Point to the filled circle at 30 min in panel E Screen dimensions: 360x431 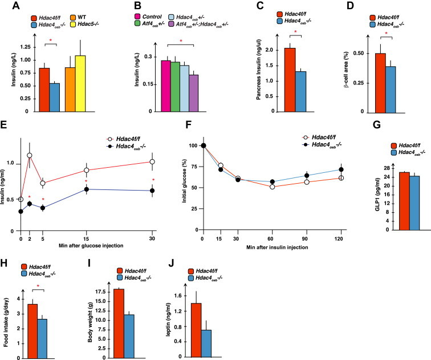(x=152, y=191)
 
